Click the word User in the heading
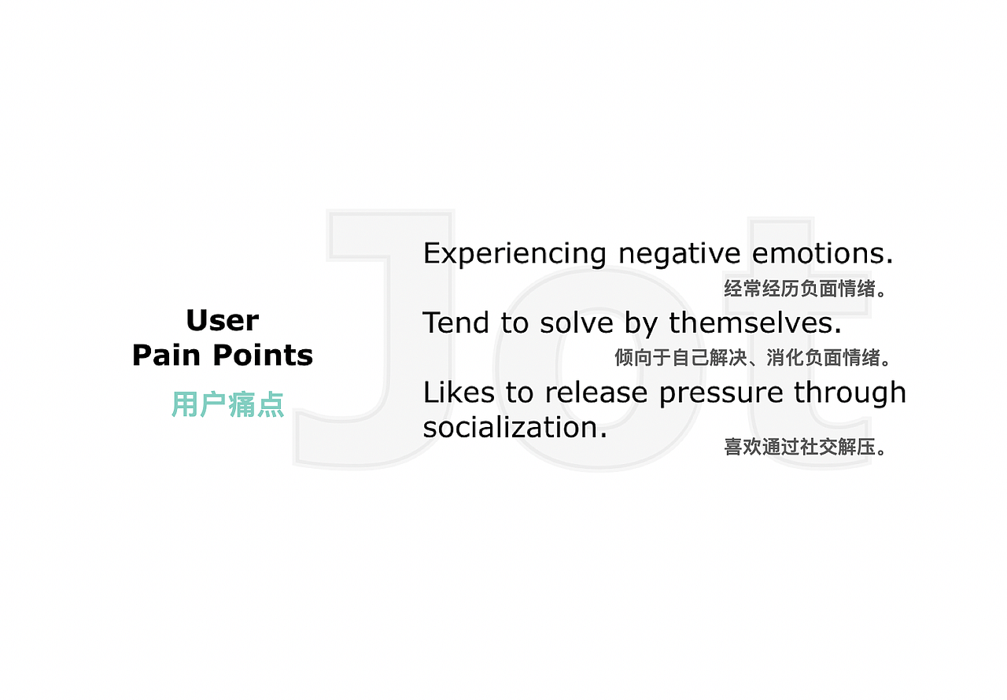pyautogui.click(x=223, y=321)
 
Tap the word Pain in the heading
pyautogui.click(x=166, y=356)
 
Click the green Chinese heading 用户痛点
pyautogui.click(x=227, y=404)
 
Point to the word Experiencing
pyautogui.click(x=515, y=254)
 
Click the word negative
pyautogui.click(x=679, y=254)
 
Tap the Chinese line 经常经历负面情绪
pyautogui.click(x=806, y=289)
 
